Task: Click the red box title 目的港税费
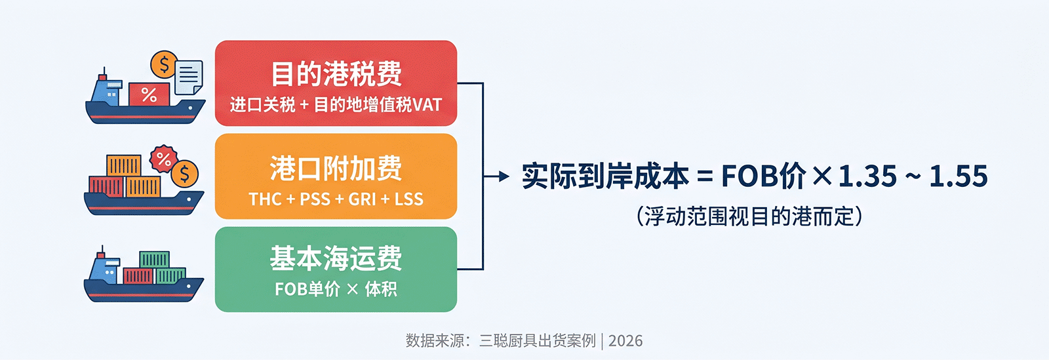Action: (x=336, y=73)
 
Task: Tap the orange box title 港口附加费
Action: (x=336, y=168)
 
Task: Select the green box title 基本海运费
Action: (x=336, y=258)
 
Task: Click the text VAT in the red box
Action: (x=427, y=105)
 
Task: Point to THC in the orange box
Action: (x=265, y=199)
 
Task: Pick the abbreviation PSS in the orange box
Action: (x=315, y=199)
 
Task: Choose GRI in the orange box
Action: (x=362, y=199)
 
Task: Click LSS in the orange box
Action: (x=409, y=199)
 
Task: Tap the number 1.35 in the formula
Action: (x=867, y=176)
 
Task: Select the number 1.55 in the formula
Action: (x=958, y=176)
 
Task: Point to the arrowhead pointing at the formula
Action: (x=504, y=176)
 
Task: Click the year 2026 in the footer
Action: (x=625, y=341)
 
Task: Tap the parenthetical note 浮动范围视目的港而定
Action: (x=749, y=217)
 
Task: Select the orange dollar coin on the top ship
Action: (x=164, y=64)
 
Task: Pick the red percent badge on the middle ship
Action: (x=163, y=159)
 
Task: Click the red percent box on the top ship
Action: (x=149, y=94)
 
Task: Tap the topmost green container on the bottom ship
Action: (x=154, y=260)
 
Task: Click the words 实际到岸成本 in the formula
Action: (x=605, y=176)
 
